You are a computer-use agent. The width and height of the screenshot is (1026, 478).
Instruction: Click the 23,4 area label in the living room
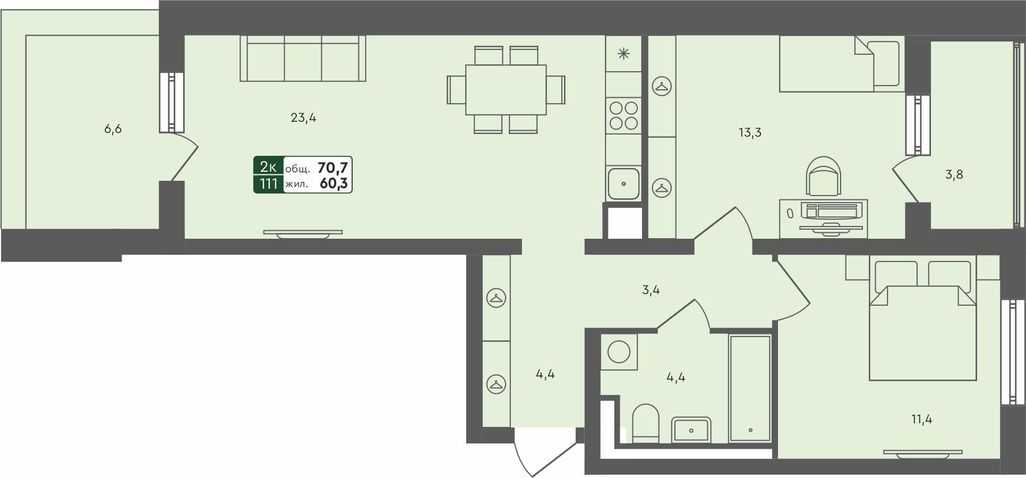point(303,118)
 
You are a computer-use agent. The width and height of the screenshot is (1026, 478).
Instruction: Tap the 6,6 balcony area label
point(113,129)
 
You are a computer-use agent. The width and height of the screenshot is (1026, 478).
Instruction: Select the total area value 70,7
point(332,168)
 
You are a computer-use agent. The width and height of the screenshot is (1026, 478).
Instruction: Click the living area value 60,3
point(334,184)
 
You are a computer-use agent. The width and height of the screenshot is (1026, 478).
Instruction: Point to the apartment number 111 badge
point(269,184)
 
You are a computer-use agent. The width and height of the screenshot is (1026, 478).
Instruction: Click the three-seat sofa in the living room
point(303,58)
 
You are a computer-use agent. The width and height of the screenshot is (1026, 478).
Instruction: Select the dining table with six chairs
point(506,89)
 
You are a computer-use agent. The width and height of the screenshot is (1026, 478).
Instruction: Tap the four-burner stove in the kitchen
point(623,115)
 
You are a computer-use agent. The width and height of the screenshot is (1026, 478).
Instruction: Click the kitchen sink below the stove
point(623,183)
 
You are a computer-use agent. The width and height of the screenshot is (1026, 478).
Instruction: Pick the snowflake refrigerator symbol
point(623,54)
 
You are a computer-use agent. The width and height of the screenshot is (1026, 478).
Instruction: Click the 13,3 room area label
point(750,132)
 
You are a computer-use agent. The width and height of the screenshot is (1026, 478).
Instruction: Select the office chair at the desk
point(823,176)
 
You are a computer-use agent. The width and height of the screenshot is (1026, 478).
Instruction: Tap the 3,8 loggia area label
point(954,174)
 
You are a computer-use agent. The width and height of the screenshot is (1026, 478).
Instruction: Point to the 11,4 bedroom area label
point(921,420)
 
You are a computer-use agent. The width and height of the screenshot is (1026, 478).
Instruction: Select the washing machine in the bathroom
point(619,352)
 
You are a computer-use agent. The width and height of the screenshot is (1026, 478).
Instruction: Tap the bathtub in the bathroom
point(750,388)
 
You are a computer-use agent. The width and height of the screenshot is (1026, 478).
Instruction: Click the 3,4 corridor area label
point(651,290)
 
